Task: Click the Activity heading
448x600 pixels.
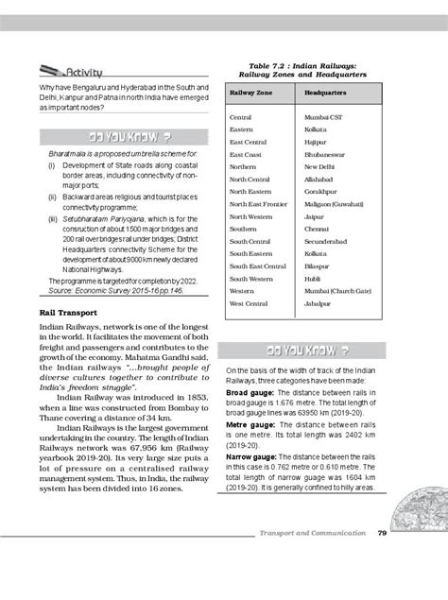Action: (x=82, y=72)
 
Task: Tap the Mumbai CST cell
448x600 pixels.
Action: (x=323, y=115)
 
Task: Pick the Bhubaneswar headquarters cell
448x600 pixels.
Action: (x=326, y=153)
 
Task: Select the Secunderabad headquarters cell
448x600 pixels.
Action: (x=327, y=241)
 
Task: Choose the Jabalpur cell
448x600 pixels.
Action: (x=319, y=303)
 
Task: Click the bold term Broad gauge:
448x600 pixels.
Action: (x=250, y=388)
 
